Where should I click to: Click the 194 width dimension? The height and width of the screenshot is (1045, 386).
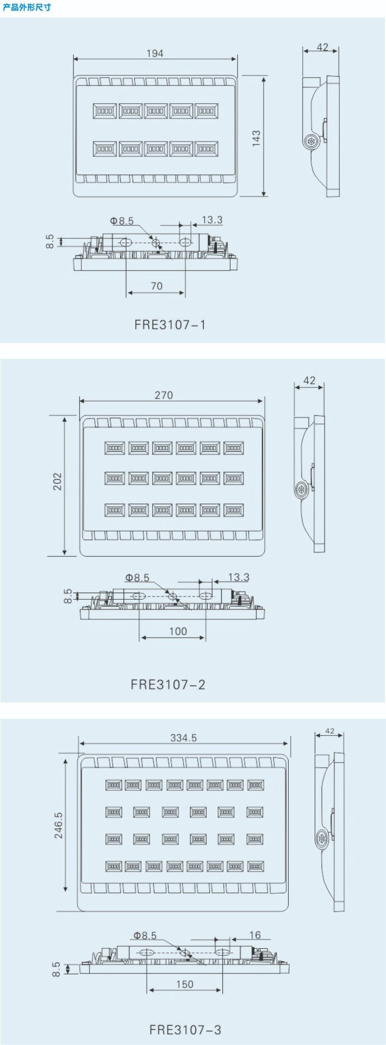click(x=155, y=53)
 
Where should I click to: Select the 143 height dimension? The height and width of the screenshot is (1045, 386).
click(x=256, y=138)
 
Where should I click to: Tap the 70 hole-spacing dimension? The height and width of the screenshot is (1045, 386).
click(x=157, y=286)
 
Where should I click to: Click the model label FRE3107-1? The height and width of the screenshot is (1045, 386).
click(x=170, y=325)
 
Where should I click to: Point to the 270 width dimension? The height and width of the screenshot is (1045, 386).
click(x=164, y=395)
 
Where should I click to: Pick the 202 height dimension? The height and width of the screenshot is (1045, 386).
click(x=58, y=482)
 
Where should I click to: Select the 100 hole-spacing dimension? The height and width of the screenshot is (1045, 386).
click(x=178, y=631)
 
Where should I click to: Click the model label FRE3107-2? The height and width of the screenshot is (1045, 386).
click(x=168, y=684)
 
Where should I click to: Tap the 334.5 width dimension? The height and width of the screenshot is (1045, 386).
click(x=184, y=738)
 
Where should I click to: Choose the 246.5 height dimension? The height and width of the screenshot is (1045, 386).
click(x=58, y=825)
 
